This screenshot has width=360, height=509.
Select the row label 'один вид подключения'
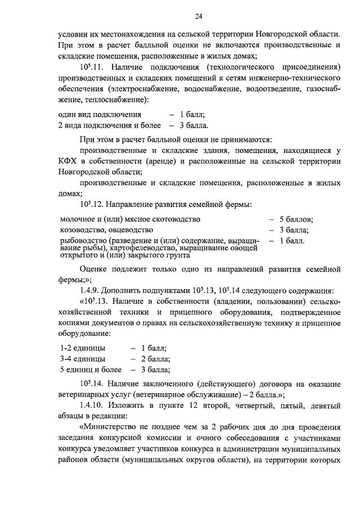click(95, 114)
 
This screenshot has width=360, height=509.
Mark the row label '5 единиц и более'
click(91, 370)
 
